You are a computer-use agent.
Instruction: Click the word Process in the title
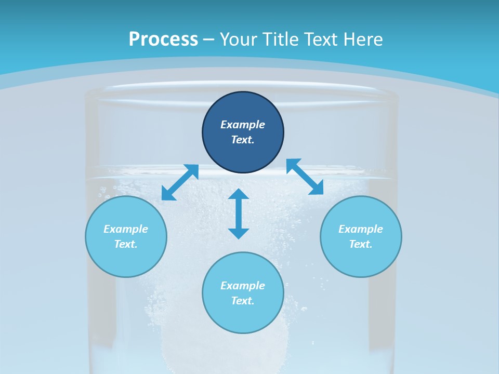(163, 39)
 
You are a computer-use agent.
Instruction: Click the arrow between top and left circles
(180, 182)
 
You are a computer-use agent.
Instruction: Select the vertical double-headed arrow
(239, 214)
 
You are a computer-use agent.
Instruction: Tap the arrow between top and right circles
(305, 177)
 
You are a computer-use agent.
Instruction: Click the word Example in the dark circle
(243, 125)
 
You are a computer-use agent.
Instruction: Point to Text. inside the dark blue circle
(243, 140)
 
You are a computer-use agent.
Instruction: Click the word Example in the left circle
(126, 229)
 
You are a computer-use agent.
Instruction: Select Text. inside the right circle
(361, 244)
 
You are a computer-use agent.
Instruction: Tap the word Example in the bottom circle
(243, 286)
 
